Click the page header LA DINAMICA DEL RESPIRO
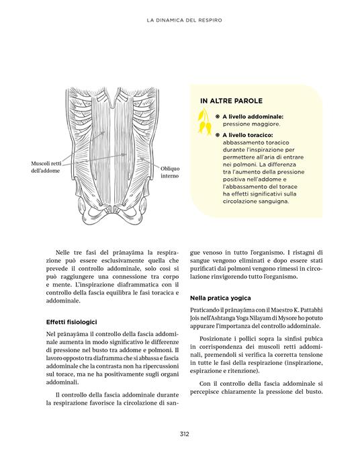point(184,21)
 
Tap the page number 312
point(184,433)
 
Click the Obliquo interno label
point(169,171)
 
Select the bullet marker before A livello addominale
point(217,116)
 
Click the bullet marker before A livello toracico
point(217,134)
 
